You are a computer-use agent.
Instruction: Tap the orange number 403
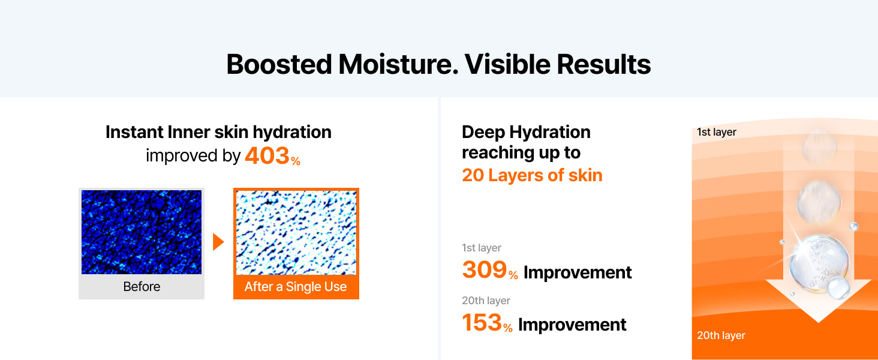(x=267, y=155)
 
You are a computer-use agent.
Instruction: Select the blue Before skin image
(x=142, y=232)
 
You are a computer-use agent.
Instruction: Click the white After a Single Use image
(x=296, y=233)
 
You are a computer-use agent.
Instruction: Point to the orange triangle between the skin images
(x=218, y=242)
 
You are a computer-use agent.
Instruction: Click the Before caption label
(x=142, y=287)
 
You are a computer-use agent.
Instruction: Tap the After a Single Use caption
(x=296, y=287)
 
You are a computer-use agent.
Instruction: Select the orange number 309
(x=485, y=270)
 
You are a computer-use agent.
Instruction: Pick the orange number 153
(x=482, y=323)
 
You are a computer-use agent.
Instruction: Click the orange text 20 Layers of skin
(x=532, y=175)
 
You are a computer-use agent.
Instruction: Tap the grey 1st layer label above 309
(x=482, y=248)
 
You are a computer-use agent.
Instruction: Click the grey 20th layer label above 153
(x=486, y=301)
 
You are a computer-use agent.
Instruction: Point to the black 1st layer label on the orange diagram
(x=717, y=132)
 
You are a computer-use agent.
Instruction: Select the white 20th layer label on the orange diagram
(x=721, y=335)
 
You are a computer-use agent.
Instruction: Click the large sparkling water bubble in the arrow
(x=819, y=264)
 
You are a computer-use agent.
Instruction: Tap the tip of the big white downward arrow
(x=819, y=323)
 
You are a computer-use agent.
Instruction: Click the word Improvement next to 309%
(x=578, y=272)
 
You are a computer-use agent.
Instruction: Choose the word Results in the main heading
(x=604, y=64)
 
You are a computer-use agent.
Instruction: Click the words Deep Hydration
(x=526, y=132)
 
